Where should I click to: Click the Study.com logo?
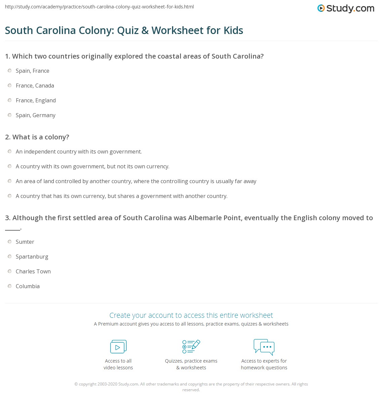coord(346,8)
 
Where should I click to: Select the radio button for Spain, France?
coord(10,71)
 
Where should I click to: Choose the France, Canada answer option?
coord(35,86)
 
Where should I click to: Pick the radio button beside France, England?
coord(10,100)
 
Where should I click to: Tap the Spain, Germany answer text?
coord(36,115)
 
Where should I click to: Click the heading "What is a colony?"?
coord(37,137)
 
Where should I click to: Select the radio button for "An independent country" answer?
coord(10,152)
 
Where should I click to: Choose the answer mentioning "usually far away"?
coord(136,181)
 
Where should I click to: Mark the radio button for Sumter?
coord(10,242)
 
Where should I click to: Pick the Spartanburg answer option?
coord(32,257)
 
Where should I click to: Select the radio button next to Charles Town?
coord(10,271)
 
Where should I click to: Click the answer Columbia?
coord(28,286)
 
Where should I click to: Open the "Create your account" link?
coord(191,315)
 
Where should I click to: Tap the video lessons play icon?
coord(118,346)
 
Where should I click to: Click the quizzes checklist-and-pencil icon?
coord(191,346)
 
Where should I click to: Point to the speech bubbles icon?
coord(264,347)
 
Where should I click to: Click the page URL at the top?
coord(99,7)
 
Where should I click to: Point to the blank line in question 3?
coord(12,229)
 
